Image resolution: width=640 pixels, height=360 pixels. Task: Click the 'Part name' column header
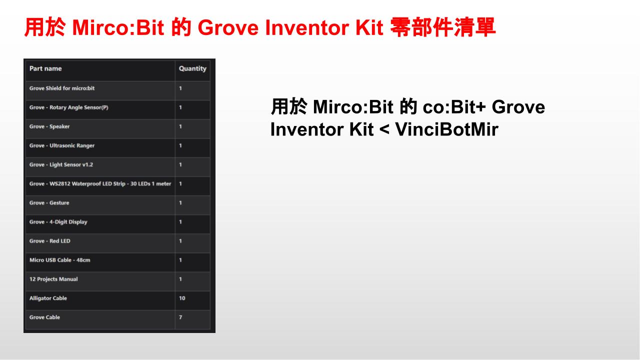click(45, 68)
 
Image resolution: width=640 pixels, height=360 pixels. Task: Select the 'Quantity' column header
click(192, 69)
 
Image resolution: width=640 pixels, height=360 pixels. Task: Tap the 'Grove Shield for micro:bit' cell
click(61, 88)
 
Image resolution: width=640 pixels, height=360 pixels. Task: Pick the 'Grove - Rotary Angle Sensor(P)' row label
click(68, 107)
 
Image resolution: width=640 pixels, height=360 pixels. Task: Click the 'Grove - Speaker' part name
click(49, 126)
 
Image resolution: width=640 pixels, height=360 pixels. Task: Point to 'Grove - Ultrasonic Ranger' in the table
click(61, 145)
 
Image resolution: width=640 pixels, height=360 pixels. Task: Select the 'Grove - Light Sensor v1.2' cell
click(61, 164)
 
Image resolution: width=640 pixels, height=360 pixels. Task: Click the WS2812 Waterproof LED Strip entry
click(100, 183)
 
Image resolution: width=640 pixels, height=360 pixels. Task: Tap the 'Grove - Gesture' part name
click(49, 203)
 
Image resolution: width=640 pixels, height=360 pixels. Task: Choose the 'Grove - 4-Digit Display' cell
click(58, 222)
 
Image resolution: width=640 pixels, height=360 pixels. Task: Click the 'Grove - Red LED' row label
click(49, 241)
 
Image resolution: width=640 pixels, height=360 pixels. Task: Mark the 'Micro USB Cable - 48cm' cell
click(59, 260)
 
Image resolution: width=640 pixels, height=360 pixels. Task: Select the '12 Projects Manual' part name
click(53, 279)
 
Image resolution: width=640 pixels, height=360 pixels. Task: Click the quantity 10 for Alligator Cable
click(182, 298)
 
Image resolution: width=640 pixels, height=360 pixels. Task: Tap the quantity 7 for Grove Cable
click(180, 317)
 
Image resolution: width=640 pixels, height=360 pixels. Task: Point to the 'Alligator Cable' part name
click(48, 298)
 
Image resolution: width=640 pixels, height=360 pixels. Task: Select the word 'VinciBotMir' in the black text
click(447, 129)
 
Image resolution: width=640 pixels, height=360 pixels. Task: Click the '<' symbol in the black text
click(384, 130)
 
